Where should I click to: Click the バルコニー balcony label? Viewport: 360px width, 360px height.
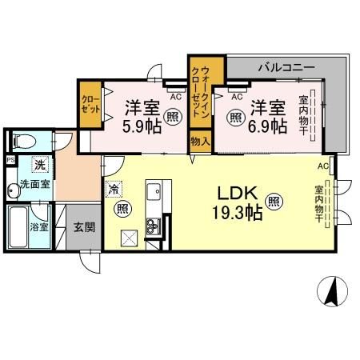[286, 67]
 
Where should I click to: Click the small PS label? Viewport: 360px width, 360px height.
[10, 160]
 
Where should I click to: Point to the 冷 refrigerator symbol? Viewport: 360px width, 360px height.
[114, 191]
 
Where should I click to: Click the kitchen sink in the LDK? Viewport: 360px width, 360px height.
[154, 194]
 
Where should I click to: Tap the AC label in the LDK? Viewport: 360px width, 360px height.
[322, 166]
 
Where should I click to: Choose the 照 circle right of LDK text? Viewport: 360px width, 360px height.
[274, 202]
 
